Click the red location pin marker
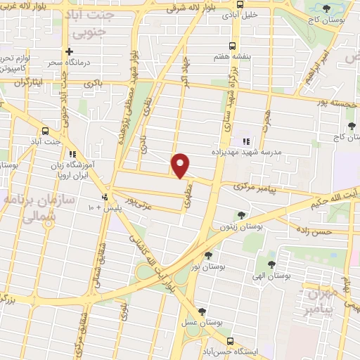(181, 165)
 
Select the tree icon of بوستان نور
(207, 255)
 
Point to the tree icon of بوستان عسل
(202, 311)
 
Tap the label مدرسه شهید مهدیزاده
(242, 150)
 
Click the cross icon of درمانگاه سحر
(69, 51)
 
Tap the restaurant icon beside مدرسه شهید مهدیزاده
(245, 141)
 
